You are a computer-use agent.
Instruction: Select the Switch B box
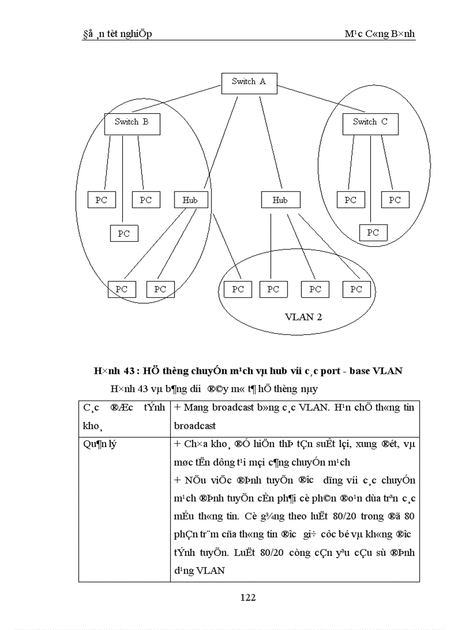click(x=132, y=122)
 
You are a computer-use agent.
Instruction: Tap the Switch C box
click(x=370, y=122)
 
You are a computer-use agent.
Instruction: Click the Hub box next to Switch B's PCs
click(x=190, y=200)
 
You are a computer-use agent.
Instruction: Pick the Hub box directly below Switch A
click(x=280, y=200)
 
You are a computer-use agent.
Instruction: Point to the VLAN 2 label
click(x=303, y=317)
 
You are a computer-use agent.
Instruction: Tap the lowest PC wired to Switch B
click(x=123, y=233)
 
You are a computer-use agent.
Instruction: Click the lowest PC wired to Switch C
click(x=373, y=233)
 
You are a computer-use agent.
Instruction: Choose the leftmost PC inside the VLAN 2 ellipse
click(x=238, y=289)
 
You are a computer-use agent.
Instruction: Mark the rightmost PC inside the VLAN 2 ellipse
click(x=356, y=289)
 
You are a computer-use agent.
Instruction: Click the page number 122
click(x=248, y=597)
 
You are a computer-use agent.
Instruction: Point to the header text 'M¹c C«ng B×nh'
click(x=379, y=34)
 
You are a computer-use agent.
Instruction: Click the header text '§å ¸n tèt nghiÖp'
click(x=117, y=34)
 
